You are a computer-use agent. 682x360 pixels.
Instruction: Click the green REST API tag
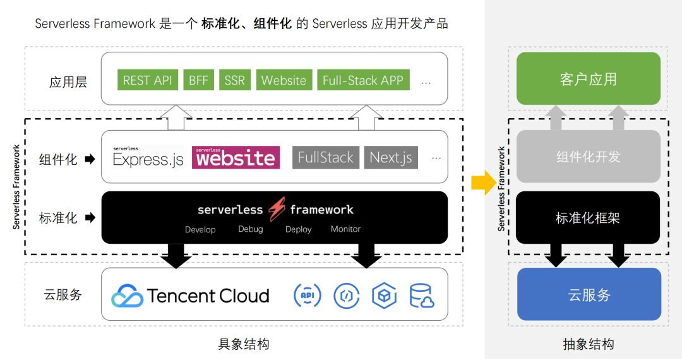point(147,80)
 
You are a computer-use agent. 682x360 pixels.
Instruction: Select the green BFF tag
point(198,80)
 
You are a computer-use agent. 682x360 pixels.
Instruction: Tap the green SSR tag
point(234,80)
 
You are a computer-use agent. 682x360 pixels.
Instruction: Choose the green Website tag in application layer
point(284,80)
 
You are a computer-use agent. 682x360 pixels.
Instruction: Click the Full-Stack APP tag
point(362,80)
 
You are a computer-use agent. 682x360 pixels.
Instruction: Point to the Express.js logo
point(148,158)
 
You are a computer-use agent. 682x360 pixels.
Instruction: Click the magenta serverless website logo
point(236,157)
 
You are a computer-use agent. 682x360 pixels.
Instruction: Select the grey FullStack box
point(325,158)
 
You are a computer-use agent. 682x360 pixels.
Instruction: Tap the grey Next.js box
point(391,158)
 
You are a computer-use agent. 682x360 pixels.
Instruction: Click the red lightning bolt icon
point(277,210)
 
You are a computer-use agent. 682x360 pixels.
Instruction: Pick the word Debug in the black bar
point(250,229)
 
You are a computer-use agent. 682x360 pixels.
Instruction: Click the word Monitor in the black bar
point(345,229)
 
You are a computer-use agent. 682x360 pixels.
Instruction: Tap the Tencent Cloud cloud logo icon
point(127,296)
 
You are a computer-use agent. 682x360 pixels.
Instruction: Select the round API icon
point(308,295)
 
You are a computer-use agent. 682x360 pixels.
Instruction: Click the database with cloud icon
point(422,295)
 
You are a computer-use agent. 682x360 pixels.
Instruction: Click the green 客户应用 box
point(588,79)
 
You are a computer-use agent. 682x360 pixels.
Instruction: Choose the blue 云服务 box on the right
point(589,294)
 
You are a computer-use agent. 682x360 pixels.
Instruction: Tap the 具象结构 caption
point(244,344)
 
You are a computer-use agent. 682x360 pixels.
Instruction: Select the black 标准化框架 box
point(588,218)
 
